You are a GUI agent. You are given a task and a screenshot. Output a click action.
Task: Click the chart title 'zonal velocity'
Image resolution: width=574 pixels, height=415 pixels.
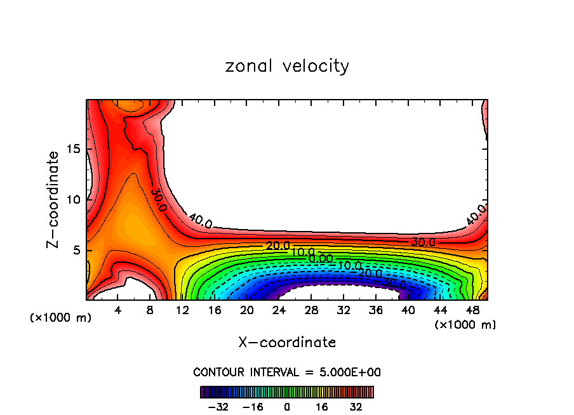point(287,66)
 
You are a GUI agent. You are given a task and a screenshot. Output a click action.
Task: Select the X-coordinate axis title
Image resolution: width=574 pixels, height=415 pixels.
point(287,343)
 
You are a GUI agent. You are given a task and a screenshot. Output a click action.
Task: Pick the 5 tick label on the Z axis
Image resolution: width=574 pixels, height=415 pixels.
point(76,250)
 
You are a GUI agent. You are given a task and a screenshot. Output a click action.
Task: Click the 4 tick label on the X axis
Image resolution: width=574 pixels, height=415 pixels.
point(118,311)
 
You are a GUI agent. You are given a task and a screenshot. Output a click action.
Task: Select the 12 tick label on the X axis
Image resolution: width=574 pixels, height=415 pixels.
point(182,311)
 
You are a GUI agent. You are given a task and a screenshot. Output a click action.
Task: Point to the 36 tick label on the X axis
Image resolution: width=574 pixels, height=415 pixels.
point(375,311)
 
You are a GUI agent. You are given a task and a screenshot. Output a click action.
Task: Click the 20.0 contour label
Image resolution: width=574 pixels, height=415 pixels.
point(278,246)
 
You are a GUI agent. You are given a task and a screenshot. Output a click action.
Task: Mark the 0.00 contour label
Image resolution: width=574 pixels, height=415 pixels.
point(321,258)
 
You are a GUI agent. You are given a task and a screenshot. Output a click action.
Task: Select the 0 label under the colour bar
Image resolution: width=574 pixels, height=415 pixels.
point(287,407)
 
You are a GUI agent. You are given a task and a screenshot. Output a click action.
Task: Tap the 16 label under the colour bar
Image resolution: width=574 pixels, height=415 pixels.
point(322,407)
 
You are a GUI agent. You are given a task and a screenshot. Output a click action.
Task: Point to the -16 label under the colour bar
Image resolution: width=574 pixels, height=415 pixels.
point(252,407)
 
